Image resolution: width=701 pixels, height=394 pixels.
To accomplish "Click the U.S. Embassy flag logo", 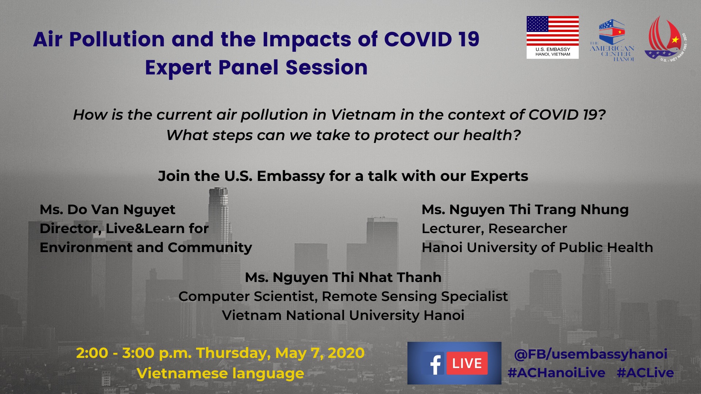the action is [x=552, y=37].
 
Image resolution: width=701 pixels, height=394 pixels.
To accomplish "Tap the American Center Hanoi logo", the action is [x=612, y=40].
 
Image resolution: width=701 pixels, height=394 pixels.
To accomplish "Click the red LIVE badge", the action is [x=467, y=363].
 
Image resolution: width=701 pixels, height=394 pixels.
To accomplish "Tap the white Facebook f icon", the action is [x=435, y=364].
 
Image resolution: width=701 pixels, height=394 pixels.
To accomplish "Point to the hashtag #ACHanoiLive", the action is [x=556, y=373].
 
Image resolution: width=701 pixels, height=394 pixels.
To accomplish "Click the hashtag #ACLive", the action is [x=645, y=373].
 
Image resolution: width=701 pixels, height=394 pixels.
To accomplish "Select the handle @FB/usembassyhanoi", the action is [x=590, y=354].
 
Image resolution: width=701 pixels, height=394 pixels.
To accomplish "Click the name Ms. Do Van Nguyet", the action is [x=107, y=210].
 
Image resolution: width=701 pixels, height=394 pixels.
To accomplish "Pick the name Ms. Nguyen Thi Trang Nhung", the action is [x=525, y=210].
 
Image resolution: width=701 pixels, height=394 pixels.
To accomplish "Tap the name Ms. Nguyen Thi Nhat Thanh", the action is [x=343, y=277].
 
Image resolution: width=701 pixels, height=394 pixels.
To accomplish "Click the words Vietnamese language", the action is [x=220, y=374].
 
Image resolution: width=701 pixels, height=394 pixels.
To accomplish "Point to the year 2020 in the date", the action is [x=346, y=353].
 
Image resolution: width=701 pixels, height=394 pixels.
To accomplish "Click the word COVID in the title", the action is [x=418, y=39].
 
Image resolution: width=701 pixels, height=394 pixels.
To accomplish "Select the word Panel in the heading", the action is [x=248, y=67].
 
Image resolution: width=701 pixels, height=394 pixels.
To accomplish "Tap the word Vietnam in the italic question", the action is [x=363, y=115].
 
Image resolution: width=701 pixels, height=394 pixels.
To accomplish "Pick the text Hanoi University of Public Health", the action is [x=537, y=248].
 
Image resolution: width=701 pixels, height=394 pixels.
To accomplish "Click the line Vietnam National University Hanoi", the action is [x=343, y=315].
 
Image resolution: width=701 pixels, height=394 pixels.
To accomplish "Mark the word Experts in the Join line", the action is [x=499, y=177].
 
